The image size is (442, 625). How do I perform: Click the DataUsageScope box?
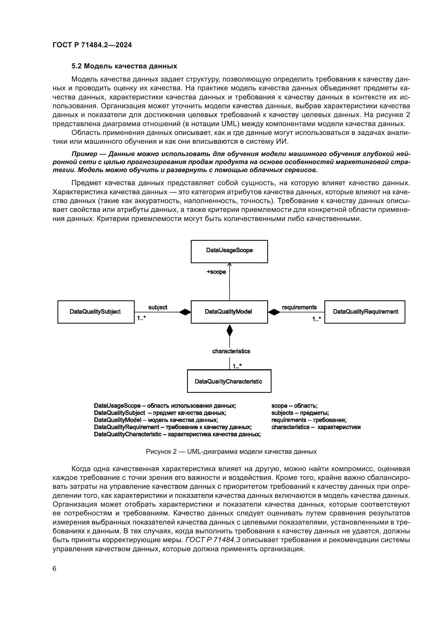tap(229, 251)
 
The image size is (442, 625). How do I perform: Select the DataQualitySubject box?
tap(96, 312)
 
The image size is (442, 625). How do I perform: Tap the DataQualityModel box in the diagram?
tap(229, 312)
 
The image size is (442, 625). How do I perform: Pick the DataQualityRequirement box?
tap(365, 312)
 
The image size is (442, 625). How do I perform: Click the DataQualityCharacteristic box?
tap(229, 381)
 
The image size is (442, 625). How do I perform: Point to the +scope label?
tap(216, 272)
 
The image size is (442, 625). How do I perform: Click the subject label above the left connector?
tap(158, 307)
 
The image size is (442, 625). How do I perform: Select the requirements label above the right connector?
tap(299, 307)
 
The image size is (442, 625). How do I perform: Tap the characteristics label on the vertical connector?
tap(231, 351)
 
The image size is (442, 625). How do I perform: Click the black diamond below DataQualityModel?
tap(230, 330)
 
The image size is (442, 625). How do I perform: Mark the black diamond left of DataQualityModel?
tap(185, 312)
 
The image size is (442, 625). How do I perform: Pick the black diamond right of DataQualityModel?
tap(274, 312)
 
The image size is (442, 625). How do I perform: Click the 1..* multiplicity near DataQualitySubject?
tap(141, 318)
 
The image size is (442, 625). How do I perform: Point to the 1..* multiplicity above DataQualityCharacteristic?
tap(237, 366)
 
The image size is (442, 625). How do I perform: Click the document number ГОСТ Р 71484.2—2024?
tap(92, 45)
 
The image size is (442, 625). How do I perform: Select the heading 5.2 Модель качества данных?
tap(124, 66)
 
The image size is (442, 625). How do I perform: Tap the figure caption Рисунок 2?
tap(231, 452)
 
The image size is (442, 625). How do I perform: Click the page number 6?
tap(55, 568)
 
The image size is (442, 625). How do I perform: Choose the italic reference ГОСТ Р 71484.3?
tap(212, 539)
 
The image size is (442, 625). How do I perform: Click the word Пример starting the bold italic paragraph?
tap(84, 154)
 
